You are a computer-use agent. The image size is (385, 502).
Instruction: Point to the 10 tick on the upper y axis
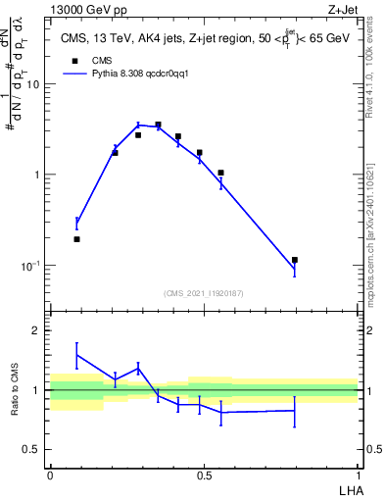(x=36, y=84)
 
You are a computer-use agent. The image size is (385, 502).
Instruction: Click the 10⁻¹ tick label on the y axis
(x=32, y=266)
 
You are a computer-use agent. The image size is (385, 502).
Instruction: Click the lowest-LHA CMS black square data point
(x=77, y=239)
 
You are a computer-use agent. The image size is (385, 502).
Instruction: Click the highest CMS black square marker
(x=158, y=125)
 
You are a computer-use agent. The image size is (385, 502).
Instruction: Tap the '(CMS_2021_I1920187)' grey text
(x=203, y=293)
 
